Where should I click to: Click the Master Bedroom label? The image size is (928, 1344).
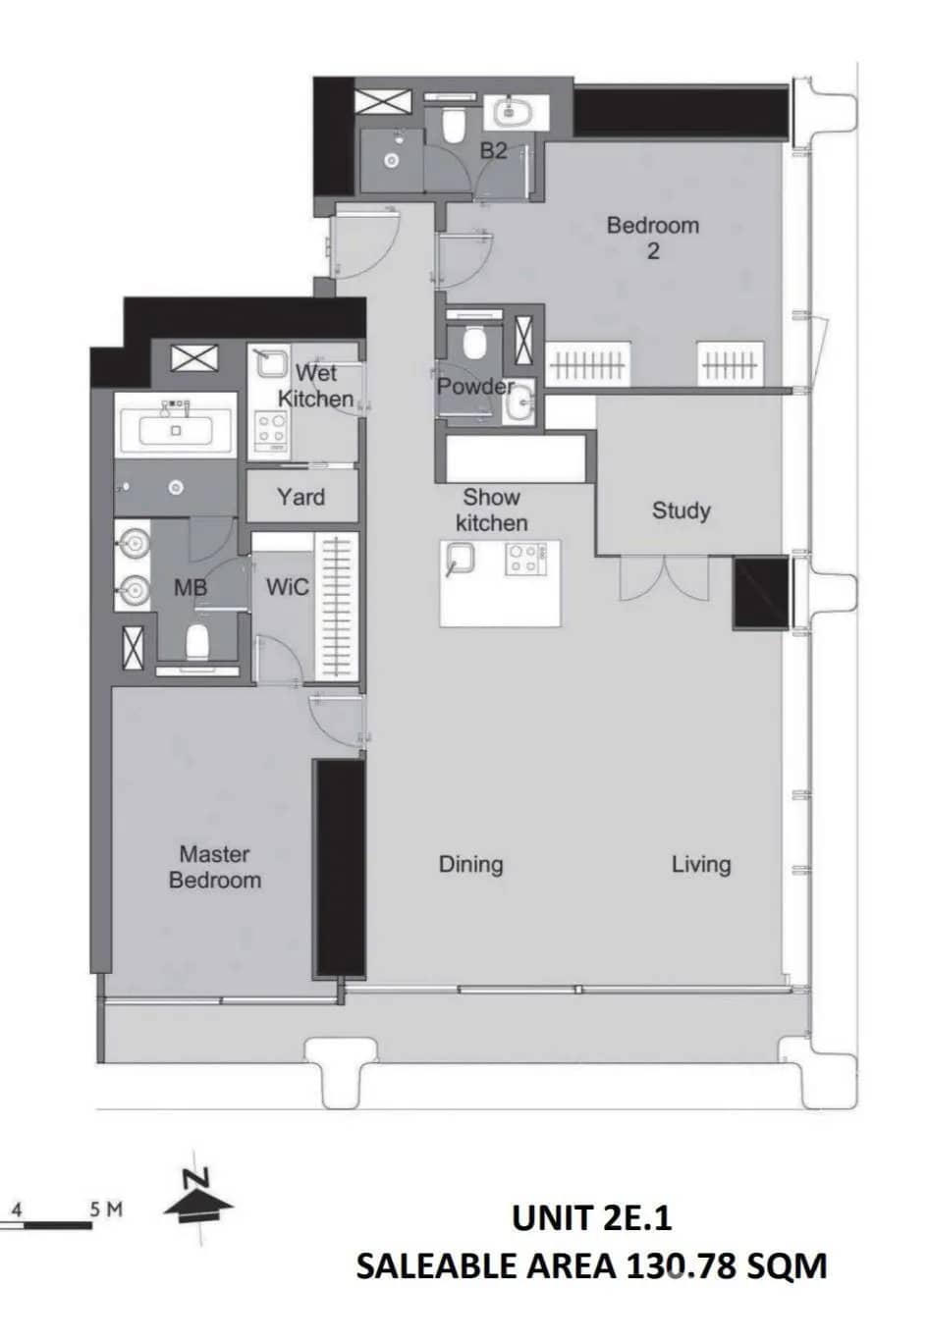click(x=215, y=867)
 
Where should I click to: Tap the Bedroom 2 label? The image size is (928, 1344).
click(x=653, y=238)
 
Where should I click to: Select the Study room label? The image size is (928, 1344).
click(x=681, y=511)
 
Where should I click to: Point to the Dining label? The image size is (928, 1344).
click(x=470, y=864)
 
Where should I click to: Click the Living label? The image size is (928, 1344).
click(x=701, y=864)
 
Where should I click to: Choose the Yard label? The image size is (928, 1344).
click(x=300, y=497)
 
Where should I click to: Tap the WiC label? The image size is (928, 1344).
click(x=288, y=587)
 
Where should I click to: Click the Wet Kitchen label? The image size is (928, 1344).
click(x=315, y=386)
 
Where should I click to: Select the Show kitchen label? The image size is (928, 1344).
click(x=491, y=510)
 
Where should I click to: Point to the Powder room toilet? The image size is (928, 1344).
click(x=474, y=345)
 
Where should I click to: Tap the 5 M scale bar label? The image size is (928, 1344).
click(x=106, y=1209)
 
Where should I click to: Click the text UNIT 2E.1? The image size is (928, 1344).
click(x=591, y=1217)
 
